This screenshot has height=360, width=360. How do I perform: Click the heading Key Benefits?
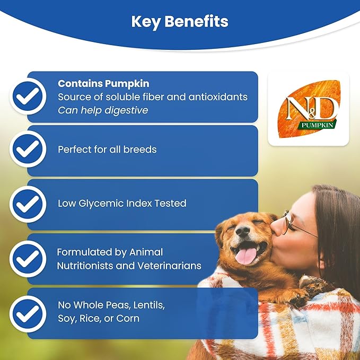pos(180,21)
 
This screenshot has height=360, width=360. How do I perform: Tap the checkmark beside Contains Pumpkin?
pos(27,96)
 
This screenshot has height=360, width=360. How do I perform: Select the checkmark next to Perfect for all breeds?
pos(27,150)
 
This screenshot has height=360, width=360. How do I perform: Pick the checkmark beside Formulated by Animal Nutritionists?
pos(27,259)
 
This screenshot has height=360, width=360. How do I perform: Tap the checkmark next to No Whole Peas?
pos(27,313)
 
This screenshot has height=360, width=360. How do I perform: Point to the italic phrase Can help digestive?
pos(102,110)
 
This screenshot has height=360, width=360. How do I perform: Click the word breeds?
pos(140,150)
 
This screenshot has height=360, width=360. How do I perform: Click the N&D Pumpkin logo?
pos(308,109)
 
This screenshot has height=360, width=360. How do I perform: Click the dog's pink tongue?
pos(246,256)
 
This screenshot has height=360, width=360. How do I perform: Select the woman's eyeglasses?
pos(297,226)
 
